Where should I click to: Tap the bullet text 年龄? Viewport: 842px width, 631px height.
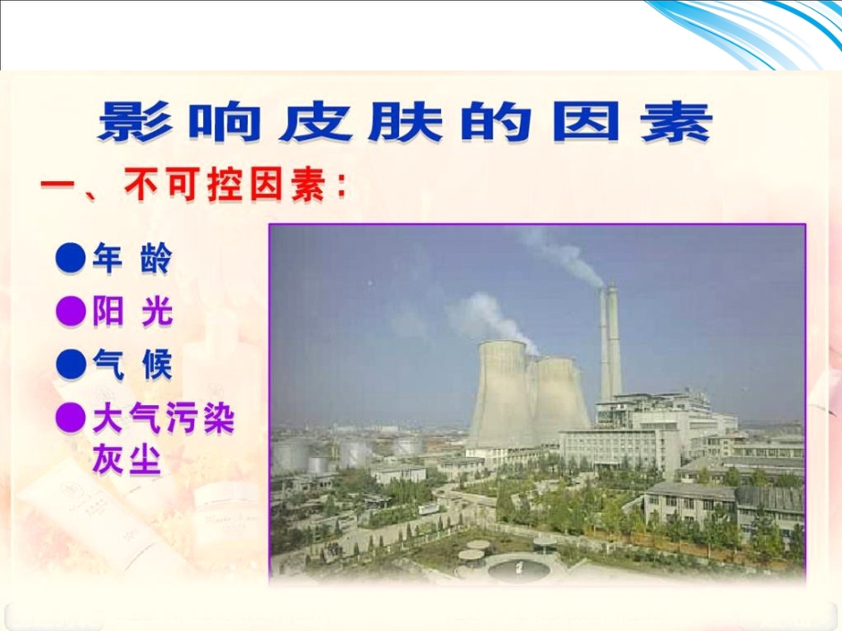coord(132,260)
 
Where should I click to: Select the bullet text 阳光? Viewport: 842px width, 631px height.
coord(132,314)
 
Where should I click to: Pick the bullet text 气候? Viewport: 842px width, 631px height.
coord(132,366)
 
